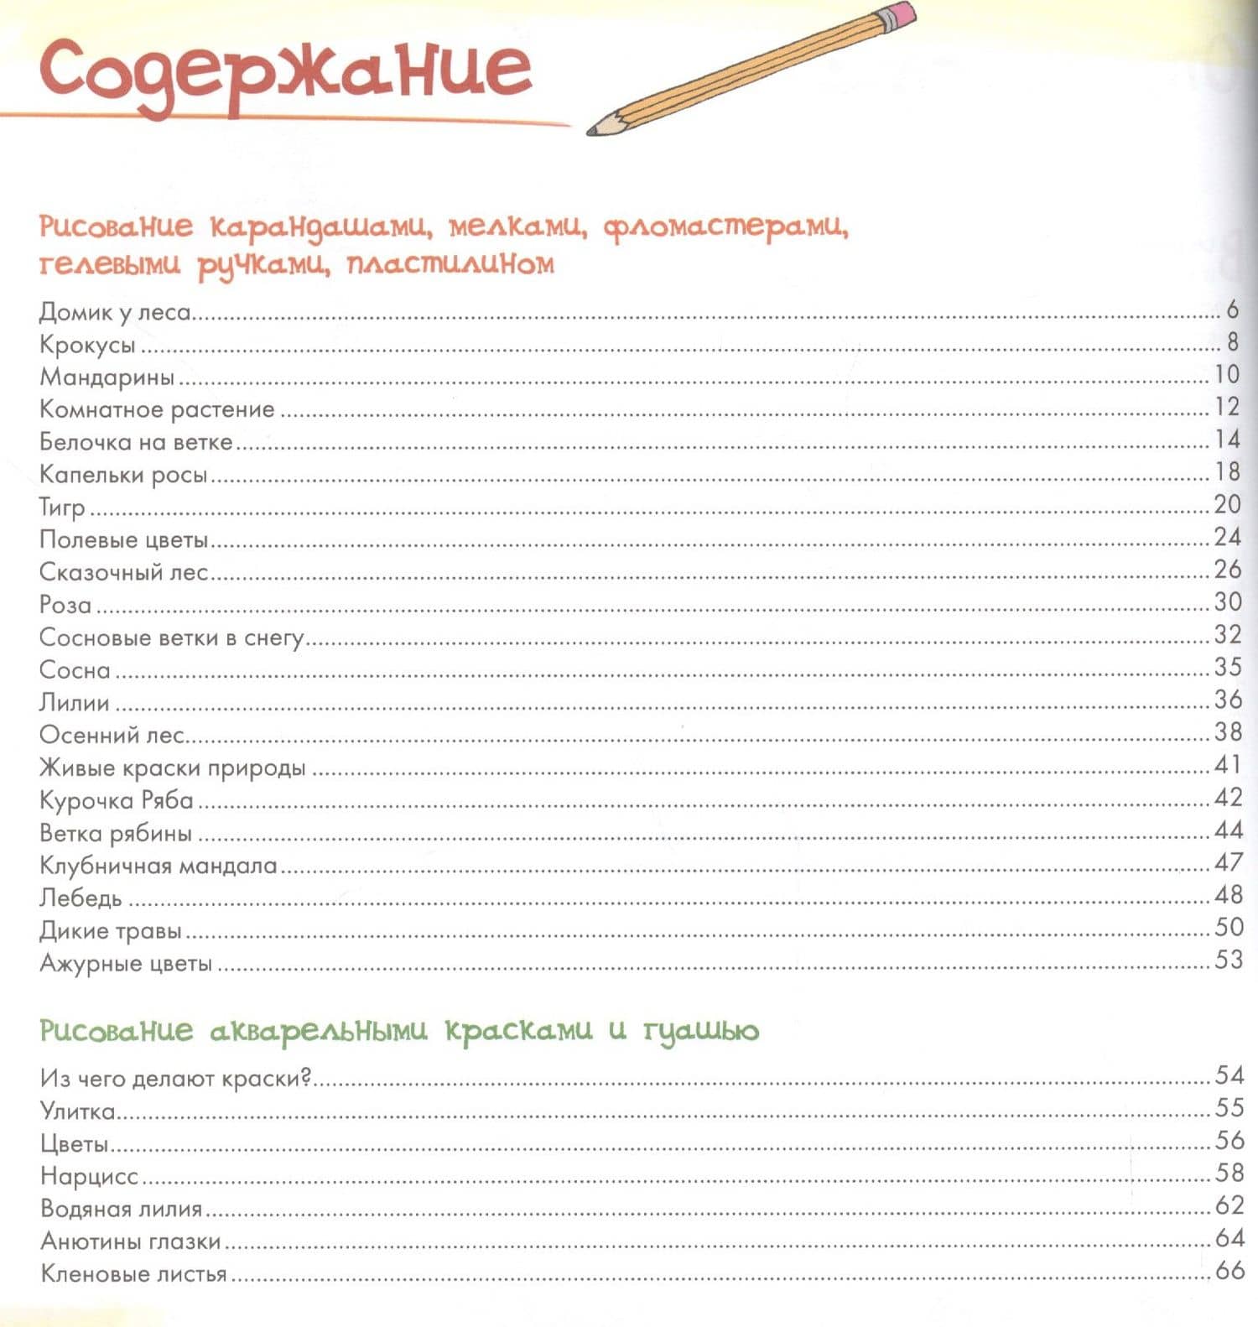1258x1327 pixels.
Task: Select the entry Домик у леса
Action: tap(116, 312)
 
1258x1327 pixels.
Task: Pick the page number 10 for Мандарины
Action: tap(1226, 374)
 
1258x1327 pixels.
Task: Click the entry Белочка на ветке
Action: tap(136, 441)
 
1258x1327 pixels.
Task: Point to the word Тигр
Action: tap(62, 507)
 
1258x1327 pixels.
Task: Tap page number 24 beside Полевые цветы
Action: tap(1227, 537)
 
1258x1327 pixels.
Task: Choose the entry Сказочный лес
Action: tap(123, 572)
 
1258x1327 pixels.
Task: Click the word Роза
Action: tap(65, 605)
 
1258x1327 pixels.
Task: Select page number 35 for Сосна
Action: tap(1228, 668)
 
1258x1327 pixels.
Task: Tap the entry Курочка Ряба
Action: tap(117, 800)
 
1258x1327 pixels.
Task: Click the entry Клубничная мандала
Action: tap(158, 865)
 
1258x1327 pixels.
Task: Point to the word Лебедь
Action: tap(81, 898)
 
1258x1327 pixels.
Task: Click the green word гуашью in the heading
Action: tap(701, 1031)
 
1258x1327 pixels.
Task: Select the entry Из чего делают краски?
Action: tap(175, 1078)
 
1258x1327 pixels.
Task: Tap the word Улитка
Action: tap(77, 1111)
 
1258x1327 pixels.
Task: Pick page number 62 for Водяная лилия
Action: tap(1229, 1205)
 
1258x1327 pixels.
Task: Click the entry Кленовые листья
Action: tap(134, 1274)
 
